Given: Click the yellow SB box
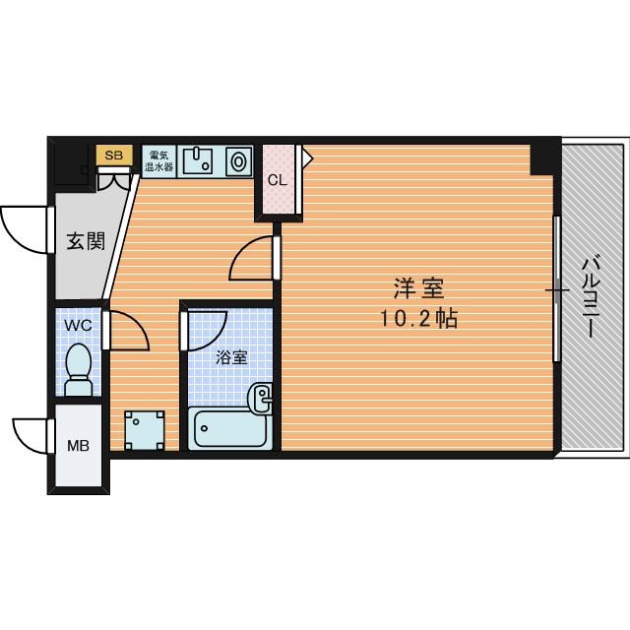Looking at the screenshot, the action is coord(114,156).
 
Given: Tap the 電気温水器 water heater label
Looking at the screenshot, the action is coord(158,161).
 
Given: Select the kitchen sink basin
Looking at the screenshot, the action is coord(198,160).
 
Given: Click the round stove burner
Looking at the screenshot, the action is coord(238,161).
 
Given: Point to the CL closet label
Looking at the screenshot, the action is coord(278,180).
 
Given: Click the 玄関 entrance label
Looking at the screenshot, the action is coord(86,241).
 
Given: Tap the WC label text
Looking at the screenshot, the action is coord(79,326).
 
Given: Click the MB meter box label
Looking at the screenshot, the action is coord(78,446).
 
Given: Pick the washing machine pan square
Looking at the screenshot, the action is coord(145,430).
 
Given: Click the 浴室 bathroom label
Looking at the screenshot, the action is coord(231,357).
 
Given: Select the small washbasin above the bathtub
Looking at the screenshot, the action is coord(260,398).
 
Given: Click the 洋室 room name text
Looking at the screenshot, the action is coord(418,288).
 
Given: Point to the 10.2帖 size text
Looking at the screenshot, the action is coord(418,319).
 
